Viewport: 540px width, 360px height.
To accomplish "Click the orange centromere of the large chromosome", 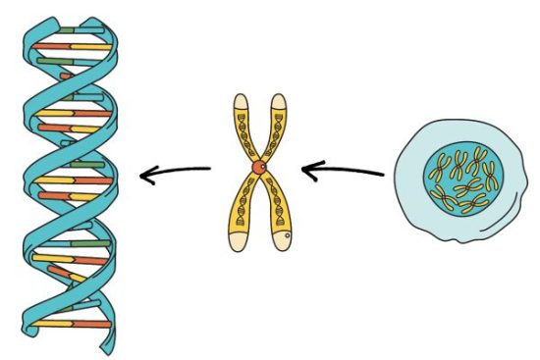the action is point(258,170).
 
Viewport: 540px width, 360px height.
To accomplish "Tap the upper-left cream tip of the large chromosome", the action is point(240,101).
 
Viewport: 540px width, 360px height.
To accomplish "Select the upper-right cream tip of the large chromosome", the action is point(278,101).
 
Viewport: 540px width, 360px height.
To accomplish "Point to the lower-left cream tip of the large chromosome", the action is point(238,240).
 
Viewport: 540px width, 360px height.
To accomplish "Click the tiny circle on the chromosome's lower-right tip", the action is point(285,237).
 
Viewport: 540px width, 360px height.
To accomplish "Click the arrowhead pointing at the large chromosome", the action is point(309,173).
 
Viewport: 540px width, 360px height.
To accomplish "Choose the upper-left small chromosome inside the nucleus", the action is point(443,162).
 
